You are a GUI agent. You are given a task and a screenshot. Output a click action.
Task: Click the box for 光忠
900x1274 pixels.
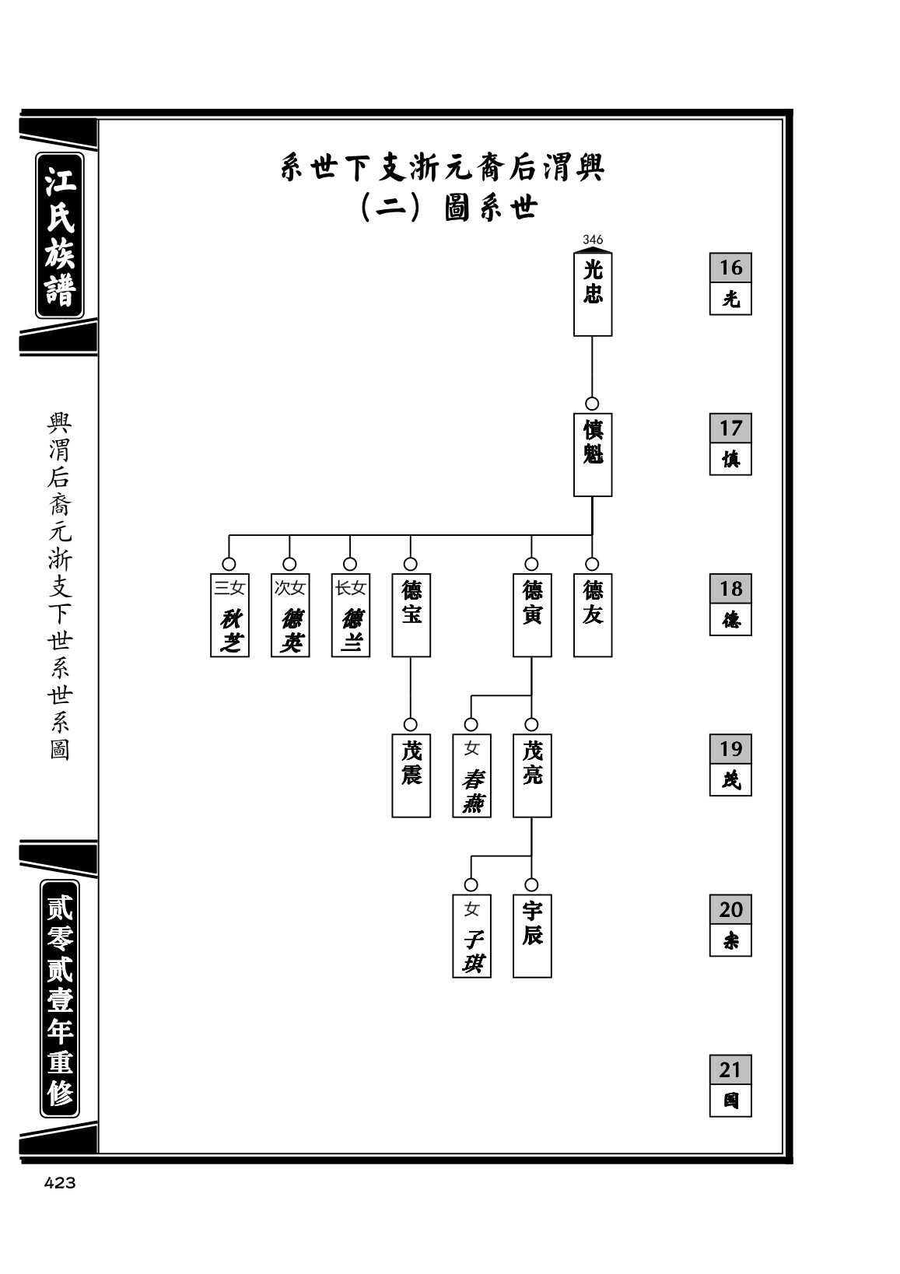coord(592,294)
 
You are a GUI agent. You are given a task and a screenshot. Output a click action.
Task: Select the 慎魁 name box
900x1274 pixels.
coord(592,455)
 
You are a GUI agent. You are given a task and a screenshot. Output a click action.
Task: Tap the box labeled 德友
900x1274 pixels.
coord(592,615)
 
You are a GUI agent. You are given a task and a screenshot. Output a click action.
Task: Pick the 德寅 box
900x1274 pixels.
coord(532,615)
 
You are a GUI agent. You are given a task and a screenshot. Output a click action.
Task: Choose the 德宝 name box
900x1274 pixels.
coord(411,615)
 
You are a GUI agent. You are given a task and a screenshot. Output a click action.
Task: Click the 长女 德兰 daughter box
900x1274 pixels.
coord(351,615)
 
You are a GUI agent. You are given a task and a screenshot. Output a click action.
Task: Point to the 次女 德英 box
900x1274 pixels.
coord(290,615)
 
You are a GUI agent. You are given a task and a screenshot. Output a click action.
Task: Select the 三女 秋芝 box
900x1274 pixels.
coord(229,615)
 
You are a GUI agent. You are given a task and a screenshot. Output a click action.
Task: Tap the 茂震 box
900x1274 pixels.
coord(411,775)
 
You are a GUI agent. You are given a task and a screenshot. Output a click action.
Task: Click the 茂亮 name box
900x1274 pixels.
coord(532,775)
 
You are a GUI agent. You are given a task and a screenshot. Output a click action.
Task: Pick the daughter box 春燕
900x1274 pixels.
coord(471,775)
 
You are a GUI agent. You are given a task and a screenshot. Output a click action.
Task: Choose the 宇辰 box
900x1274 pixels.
coord(532,936)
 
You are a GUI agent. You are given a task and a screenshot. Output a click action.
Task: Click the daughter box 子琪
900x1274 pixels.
coord(471,936)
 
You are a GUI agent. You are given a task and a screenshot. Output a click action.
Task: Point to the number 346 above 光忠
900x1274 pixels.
coord(592,240)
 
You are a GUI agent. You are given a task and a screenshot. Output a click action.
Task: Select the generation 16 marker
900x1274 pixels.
coord(730,284)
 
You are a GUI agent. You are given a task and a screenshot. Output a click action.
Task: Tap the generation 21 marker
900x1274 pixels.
coord(730,1086)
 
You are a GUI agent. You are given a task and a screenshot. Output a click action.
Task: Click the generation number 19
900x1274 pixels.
coord(730,749)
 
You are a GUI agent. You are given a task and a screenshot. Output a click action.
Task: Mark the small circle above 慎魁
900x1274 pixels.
coord(592,404)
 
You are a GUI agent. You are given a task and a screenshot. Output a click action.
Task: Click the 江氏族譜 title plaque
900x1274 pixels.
coord(60,236)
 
